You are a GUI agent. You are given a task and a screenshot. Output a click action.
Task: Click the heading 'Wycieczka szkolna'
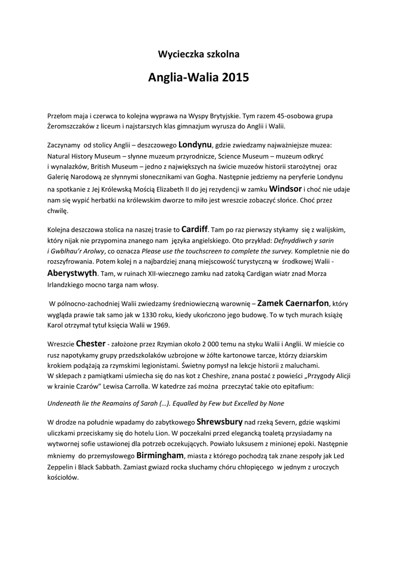coord(199,54)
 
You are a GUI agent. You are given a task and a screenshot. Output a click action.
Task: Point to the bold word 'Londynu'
coord(195,145)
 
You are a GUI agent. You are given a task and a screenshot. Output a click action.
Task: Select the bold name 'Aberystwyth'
coord(72,273)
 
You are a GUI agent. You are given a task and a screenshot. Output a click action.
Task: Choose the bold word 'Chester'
coord(91,344)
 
